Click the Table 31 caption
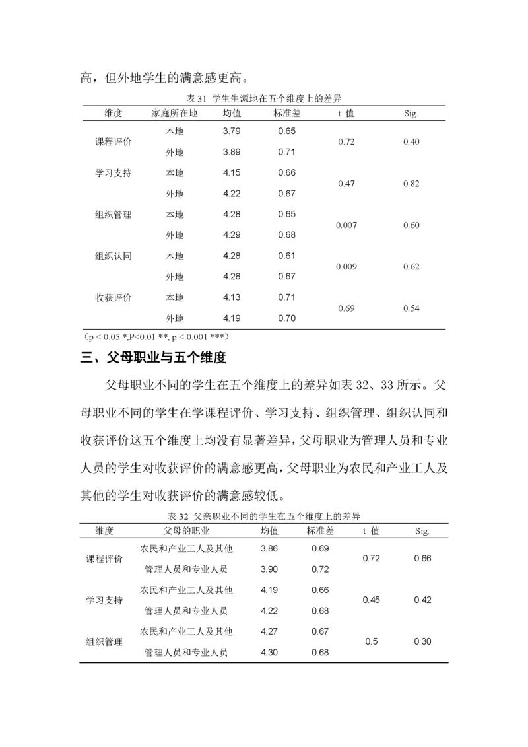(x=263, y=98)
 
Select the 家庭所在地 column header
(x=174, y=113)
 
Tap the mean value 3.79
(x=232, y=131)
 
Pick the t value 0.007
(x=346, y=225)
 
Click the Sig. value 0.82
(x=411, y=184)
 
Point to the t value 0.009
(x=346, y=267)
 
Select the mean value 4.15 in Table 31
(x=232, y=172)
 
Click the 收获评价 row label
(x=114, y=298)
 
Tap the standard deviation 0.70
(x=286, y=318)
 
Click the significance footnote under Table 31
(x=156, y=336)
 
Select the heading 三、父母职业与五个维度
(x=153, y=359)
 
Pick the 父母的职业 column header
(x=187, y=530)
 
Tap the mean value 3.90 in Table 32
(x=269, y=569)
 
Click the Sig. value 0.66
(x=422, y=558)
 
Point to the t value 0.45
(x=372, y=600)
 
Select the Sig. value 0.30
(x=422, y=641)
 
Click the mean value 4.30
(x=269, y=652)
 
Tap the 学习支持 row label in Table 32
(x=104, y=600)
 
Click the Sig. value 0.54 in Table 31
(x=411, y=308)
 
